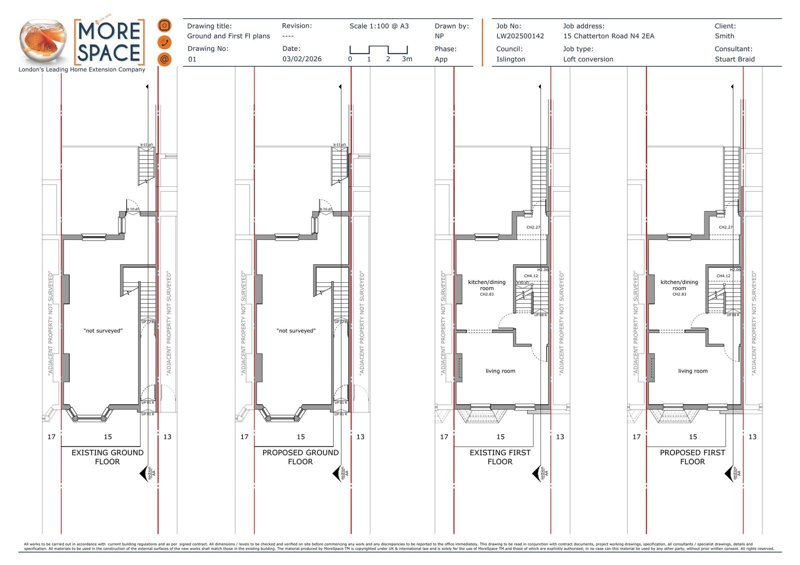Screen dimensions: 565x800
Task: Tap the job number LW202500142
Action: [x=520, y=36]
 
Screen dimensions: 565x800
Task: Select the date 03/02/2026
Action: [x=302, y=59]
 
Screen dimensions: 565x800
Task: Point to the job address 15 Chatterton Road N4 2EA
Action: [x=608, y=36]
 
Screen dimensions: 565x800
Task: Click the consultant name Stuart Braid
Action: [x=734, y=59]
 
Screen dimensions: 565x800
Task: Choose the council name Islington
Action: [x=510, y=59]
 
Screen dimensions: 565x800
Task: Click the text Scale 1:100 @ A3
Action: [x=379, y=26]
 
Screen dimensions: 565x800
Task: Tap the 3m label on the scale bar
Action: [x=407, y=59]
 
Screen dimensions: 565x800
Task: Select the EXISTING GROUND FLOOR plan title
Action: [x=107, y=457]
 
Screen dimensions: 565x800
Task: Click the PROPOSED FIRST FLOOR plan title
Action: [x=692, y=457]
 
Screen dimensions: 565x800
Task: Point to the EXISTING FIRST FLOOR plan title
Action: [x=500, y=457]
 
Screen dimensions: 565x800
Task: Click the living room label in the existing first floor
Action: [x=500, y=371]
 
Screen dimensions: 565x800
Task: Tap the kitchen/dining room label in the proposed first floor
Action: [x=679, y=285]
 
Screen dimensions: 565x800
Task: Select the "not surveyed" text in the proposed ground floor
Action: [x=296, y=331]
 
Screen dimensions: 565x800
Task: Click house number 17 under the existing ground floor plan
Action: [x=51, y=437]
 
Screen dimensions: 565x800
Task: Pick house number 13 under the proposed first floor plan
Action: [x=752, y=437]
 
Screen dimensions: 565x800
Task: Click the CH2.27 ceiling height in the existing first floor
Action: [x=533, y=227]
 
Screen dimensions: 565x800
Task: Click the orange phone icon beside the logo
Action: [x=164, y=42]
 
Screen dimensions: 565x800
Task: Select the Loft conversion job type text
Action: [x=588, y=59]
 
